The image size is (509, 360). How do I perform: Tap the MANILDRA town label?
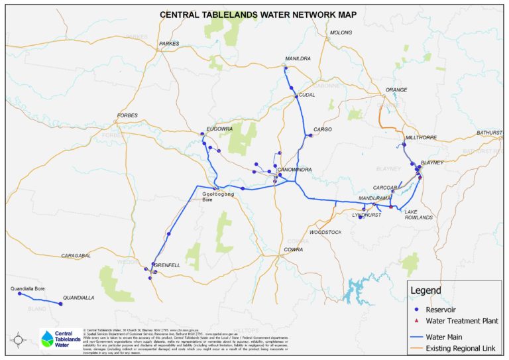(x=297, y=58)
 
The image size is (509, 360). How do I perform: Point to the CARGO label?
(x=322, y=129)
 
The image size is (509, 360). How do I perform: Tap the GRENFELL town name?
(x=168, y=265)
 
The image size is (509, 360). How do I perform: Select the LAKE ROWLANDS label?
(x=419, y=214)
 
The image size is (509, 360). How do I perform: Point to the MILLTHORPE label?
(x=420, y=139)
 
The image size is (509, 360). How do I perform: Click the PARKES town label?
(x=169, y=44)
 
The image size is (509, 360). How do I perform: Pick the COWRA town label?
(x=293, y=249)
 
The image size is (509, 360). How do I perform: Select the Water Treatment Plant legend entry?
(x=463, y=321)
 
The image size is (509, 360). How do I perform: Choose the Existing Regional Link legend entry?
(x=463, y=348)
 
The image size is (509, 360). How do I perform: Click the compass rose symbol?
(x=18, y=339)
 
